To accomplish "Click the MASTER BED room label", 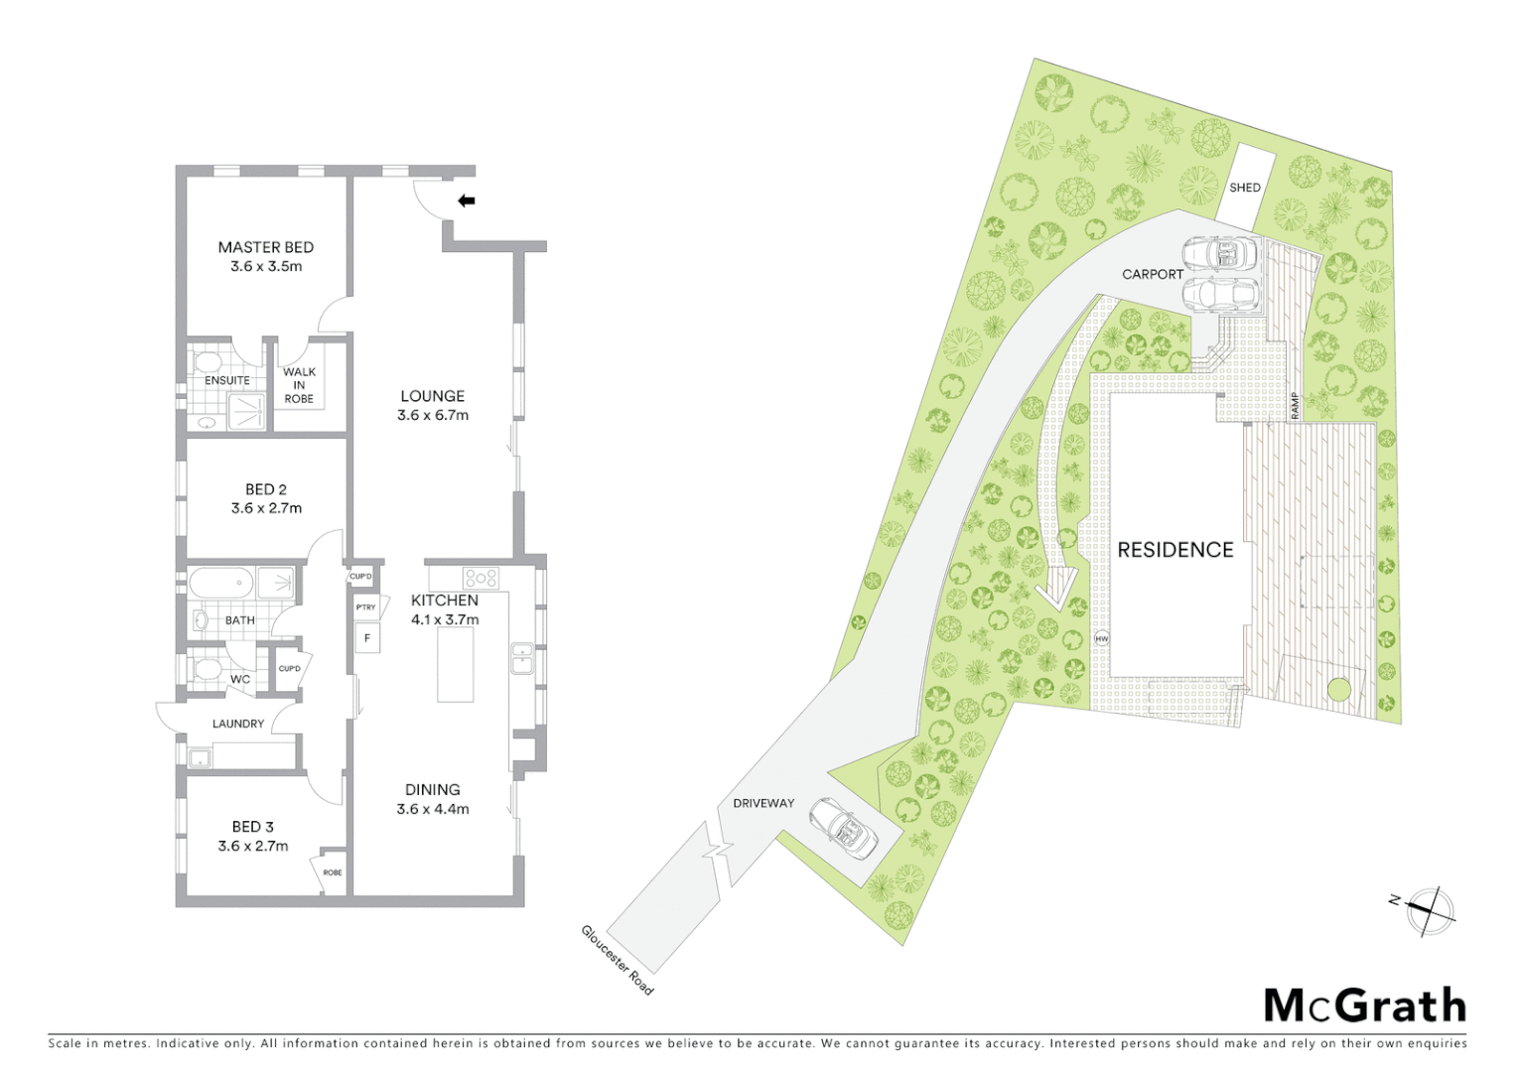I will coord(265,247).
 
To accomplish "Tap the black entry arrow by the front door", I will coord(466,201).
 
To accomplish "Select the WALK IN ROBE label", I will coord(299,385).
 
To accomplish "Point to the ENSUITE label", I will coord(227,380).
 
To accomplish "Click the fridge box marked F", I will coord(367,638).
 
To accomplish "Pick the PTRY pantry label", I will coord(365,606).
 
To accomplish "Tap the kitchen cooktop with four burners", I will coord(481,577).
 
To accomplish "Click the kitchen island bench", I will coord(456,664).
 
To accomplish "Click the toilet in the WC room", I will coord(207,667).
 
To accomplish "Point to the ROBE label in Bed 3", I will coord(333,872).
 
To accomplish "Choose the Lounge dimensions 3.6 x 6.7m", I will coord(433,415).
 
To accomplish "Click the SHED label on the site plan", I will coord(1245,188).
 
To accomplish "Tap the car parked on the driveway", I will coord(843,828).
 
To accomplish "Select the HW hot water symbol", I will coord(1101,639).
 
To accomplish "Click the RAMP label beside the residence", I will coord(1295,404).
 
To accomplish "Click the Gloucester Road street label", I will coord(618,960).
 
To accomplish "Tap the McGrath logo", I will coord(1365,1005).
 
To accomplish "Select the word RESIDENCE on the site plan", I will coord(1175,550).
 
